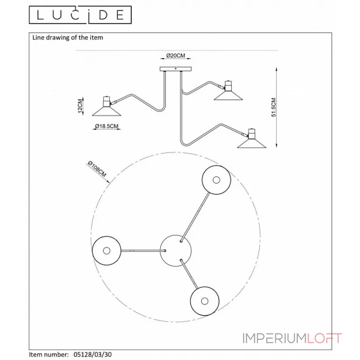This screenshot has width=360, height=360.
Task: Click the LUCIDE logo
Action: (80, 15)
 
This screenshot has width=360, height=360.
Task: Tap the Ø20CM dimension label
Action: (175, 55)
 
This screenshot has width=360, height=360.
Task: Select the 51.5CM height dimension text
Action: (274, 107)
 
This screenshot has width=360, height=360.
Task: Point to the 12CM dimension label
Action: (80, 106)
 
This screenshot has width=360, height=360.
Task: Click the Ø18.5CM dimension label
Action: (107, 126)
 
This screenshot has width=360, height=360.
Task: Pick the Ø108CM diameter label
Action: (97, 169)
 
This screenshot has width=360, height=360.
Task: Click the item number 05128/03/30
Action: (93, 355)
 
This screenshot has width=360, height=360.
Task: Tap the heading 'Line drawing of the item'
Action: (67, 37)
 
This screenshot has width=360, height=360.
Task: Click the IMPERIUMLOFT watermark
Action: (292, 338)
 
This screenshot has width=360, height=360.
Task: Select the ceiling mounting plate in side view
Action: (175, 69)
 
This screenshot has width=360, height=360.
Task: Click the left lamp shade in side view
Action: (107, 111)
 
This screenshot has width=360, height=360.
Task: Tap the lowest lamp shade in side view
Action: (252, 144)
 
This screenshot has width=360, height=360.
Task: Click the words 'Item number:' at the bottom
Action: (49, 355)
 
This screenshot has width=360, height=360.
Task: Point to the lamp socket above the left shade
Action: (106, 102)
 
